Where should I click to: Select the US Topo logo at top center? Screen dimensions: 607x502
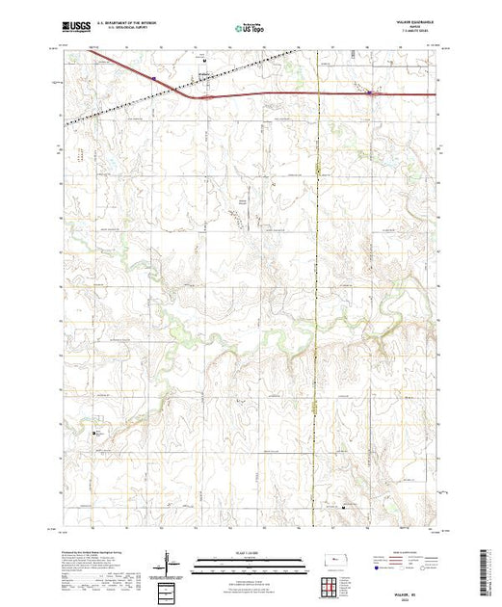pyautogui.click(x=251, y=30)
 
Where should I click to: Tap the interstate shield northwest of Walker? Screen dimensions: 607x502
pyautogui.click(x=153, y=76)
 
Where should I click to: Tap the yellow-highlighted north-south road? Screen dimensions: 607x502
pyautogui.click(x=318, y=289)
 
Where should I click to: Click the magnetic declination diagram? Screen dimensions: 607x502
pyautogui.click(x=171, y=562)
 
